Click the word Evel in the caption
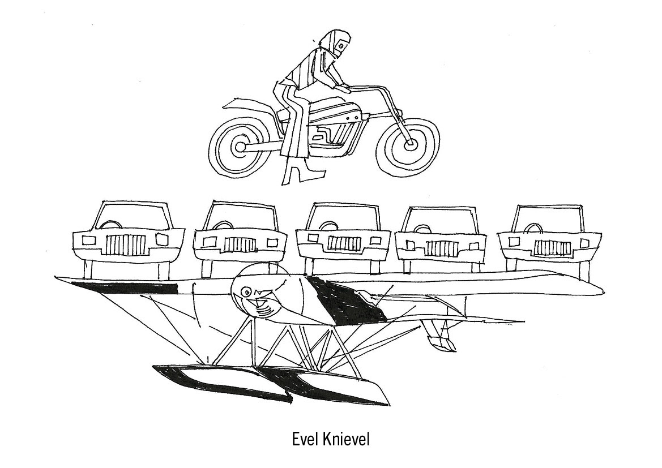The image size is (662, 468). pyautogui.click(x=305, y=440)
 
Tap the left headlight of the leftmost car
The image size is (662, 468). pyautogui.click(x=89, y=240)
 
